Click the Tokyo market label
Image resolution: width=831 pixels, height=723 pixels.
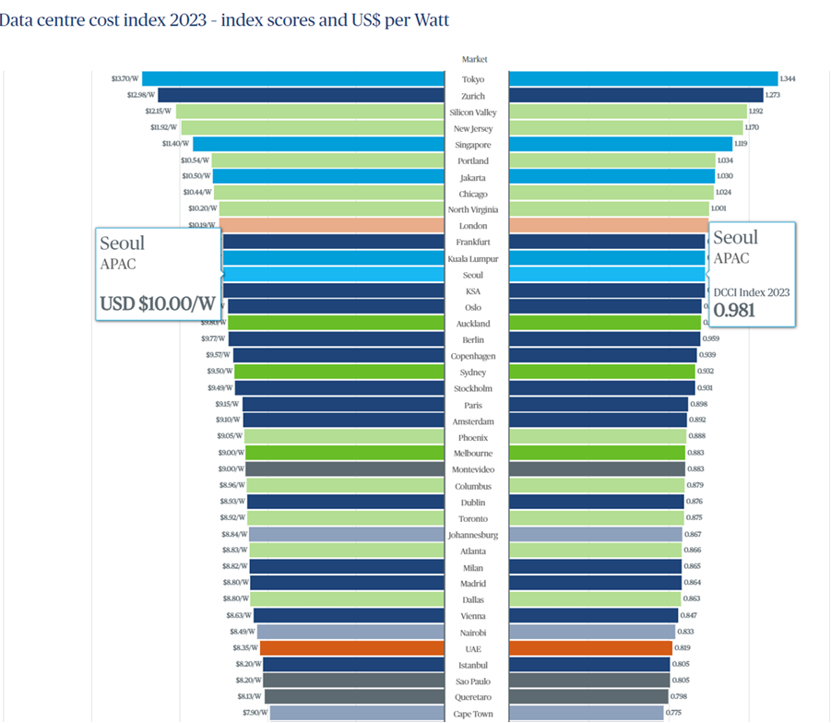tap(473, 79)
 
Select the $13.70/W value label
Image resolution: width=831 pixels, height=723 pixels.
tap(125, 79)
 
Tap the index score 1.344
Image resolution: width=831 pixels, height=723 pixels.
tap(788, 79)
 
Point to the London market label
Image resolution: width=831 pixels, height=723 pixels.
tap(473, 226)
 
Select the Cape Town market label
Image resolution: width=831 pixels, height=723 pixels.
tap(473, 714)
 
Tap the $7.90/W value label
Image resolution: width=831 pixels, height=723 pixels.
tap(255, 714)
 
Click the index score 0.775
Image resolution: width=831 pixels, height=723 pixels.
tap(674, 714)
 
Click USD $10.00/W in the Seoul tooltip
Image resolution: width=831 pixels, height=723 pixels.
tap(156, 303)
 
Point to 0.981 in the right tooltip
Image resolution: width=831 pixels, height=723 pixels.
tap(734, 311)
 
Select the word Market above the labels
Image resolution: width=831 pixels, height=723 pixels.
tap(474, 60)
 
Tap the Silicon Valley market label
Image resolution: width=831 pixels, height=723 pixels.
tap(473, 112)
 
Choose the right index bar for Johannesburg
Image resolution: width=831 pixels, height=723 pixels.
tap(595, 534)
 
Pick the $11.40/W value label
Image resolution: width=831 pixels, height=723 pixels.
tap(176, 144)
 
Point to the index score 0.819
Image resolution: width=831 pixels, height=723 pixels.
tap(683, 648)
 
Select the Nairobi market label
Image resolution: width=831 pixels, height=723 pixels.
tap(473, 633)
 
